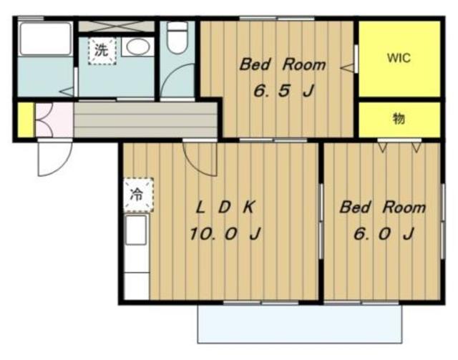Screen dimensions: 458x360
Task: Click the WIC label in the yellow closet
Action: pos(399,58)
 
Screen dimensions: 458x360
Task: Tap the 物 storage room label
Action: pos(399,119)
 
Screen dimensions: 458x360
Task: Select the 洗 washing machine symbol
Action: pos(102,51)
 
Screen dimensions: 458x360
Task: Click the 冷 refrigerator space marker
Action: pos(138,195)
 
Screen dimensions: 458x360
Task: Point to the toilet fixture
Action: pos(177,38)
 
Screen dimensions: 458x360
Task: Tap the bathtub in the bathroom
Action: pos(45,39)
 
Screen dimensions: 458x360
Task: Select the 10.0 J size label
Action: pos(225,234)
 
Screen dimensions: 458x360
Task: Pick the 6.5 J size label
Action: pos(283,91)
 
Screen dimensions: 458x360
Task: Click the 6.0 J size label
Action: pos(384,234)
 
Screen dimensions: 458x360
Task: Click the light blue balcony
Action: pos(300,323)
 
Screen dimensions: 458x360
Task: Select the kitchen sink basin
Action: pos(136,230)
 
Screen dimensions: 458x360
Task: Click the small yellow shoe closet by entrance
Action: pos(26,120)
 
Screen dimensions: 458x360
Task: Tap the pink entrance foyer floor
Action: pos(54,120)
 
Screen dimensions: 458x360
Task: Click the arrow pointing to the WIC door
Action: pos(346,68)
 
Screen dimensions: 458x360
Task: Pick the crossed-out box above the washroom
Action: pos(116,26)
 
